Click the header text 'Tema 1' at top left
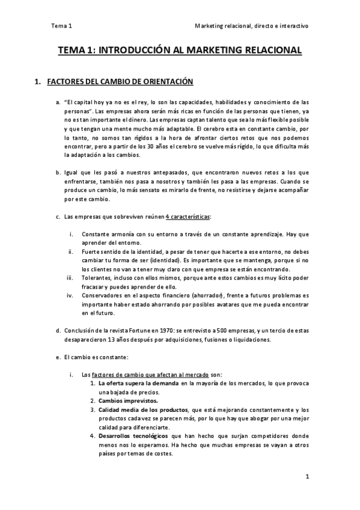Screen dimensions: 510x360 point(61,26)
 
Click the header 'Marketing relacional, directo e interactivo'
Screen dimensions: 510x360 point(252,26)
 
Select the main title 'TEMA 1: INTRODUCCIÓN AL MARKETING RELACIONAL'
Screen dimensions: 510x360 point(180,52)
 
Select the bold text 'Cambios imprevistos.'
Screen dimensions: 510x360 point(128,401)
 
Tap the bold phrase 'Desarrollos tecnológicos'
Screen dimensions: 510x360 point(133,436)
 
